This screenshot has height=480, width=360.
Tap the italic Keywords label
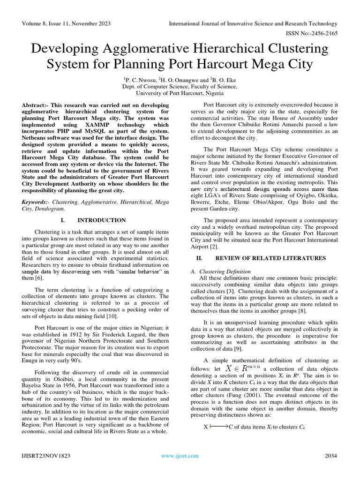[x=36, y=202]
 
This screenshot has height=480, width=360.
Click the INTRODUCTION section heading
[x=101, y=220]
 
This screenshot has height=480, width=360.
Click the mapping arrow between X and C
[x=218, y=427]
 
